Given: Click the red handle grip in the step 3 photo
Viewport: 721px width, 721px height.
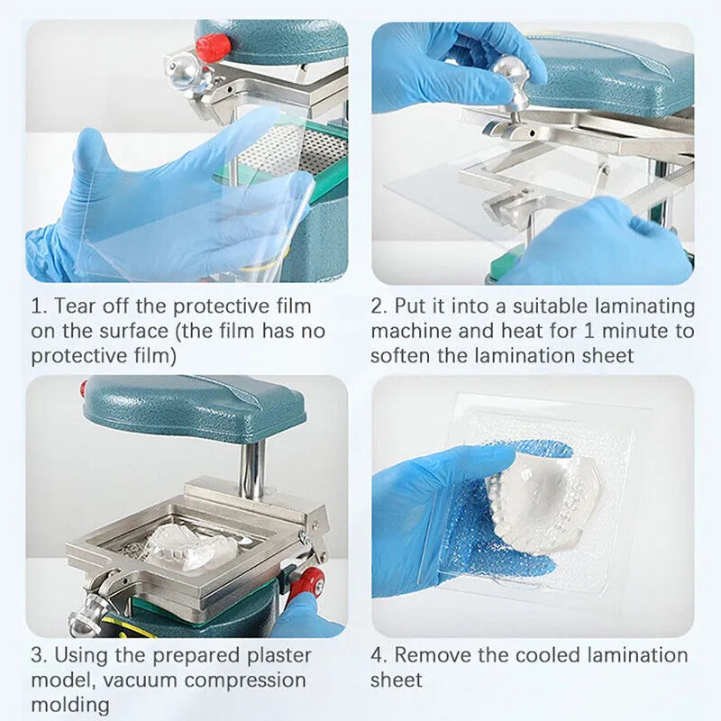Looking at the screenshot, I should tap(306, 583).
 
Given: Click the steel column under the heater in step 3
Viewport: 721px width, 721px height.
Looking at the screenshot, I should tap(253, 468).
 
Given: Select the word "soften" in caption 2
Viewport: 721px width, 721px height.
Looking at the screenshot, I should tap(400, 355).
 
